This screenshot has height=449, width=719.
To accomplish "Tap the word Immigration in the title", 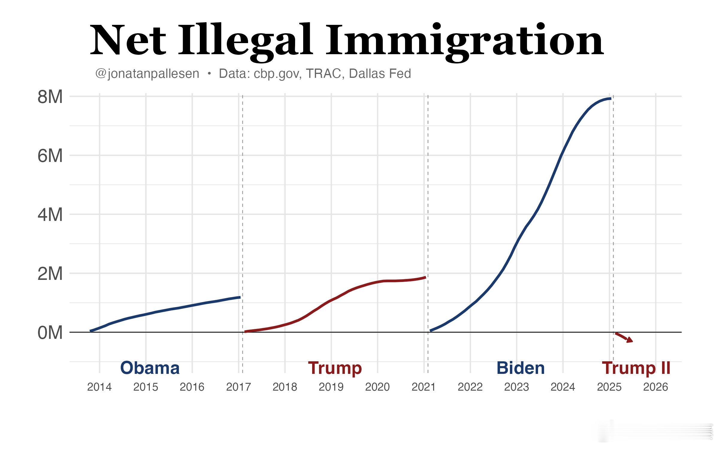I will point(465,40).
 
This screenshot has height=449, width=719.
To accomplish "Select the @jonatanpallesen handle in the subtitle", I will point(147,74).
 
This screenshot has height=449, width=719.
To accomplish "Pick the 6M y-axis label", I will point(50,156).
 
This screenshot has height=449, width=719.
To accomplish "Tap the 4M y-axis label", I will point(50,215).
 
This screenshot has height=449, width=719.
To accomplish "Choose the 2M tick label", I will point(50,274).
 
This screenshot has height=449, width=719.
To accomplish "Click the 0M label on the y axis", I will point(50,333).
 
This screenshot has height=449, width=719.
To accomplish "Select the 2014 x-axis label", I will point(99,387).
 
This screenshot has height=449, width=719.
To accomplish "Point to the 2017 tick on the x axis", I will point(238,387).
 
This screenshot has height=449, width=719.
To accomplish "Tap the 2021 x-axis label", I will point(424,387).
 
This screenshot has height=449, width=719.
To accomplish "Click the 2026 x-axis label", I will point(655,387).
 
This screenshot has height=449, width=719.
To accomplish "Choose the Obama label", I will point(150,368).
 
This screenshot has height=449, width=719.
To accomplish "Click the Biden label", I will point(520,368).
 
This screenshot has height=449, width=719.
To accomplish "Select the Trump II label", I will point(636,368).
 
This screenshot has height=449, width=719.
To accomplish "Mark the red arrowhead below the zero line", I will point(630,340).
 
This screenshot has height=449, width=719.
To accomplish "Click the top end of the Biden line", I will point(610,98).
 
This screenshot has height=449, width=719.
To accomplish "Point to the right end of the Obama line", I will point(240,297).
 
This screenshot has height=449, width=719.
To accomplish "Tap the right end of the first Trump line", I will point(425,277).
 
